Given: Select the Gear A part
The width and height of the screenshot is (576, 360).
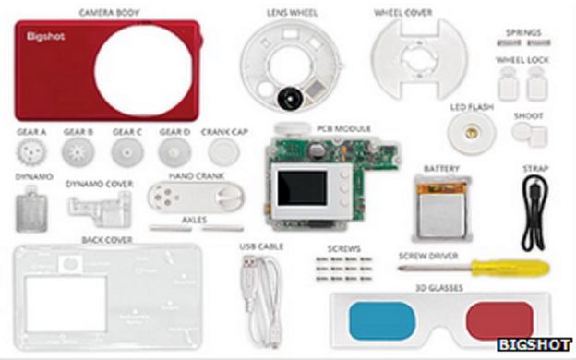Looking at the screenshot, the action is pos(30,150).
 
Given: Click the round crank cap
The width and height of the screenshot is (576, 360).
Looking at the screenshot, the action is pos(222,150).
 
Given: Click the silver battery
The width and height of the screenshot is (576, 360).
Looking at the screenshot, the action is pos(441,205).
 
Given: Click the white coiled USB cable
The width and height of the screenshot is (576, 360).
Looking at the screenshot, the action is pos(260,293).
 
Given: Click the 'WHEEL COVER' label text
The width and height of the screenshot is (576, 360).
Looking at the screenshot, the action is pos(403,13).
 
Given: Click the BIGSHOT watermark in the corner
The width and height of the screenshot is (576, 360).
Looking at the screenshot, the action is pos(534,344).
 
